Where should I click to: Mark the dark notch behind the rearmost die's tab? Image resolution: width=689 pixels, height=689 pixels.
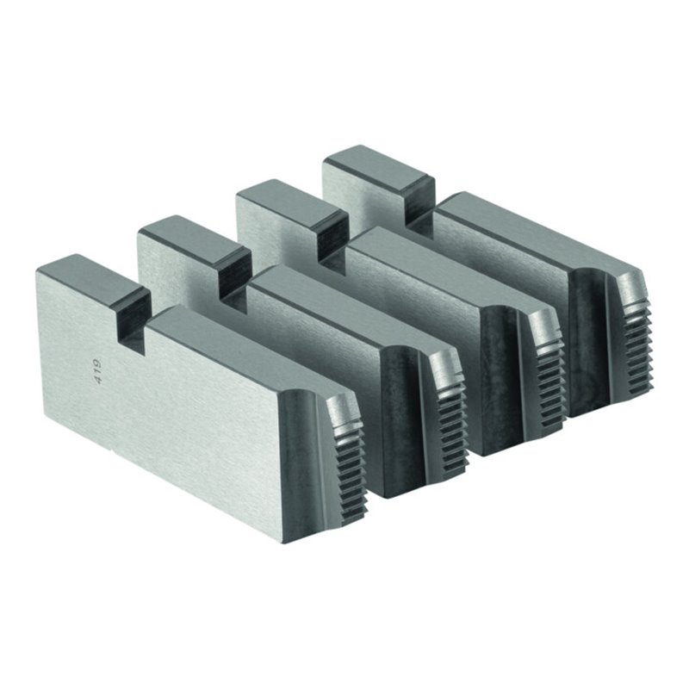[x=419, y=202]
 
